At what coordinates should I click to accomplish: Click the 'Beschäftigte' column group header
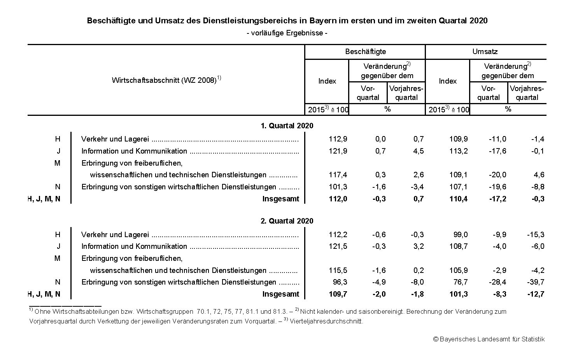365,52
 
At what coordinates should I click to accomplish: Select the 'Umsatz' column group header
485,52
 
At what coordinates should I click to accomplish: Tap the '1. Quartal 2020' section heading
287,126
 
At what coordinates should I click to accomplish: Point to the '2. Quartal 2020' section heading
287,221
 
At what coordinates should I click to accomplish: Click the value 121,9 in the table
338,151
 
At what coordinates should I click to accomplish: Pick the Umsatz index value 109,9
458,139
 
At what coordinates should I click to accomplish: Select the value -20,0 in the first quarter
497,175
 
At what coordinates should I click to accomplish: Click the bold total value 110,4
458,199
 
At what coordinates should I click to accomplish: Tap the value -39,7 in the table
536,282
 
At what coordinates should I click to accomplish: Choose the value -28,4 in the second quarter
497,282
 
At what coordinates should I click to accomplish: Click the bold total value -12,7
536,294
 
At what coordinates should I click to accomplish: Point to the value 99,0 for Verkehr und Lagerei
460,235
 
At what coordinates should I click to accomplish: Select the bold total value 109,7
338,294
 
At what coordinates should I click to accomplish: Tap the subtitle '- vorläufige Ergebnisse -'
287,33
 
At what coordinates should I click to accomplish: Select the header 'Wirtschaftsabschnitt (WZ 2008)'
164,80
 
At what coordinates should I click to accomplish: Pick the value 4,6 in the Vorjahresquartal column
539,175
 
